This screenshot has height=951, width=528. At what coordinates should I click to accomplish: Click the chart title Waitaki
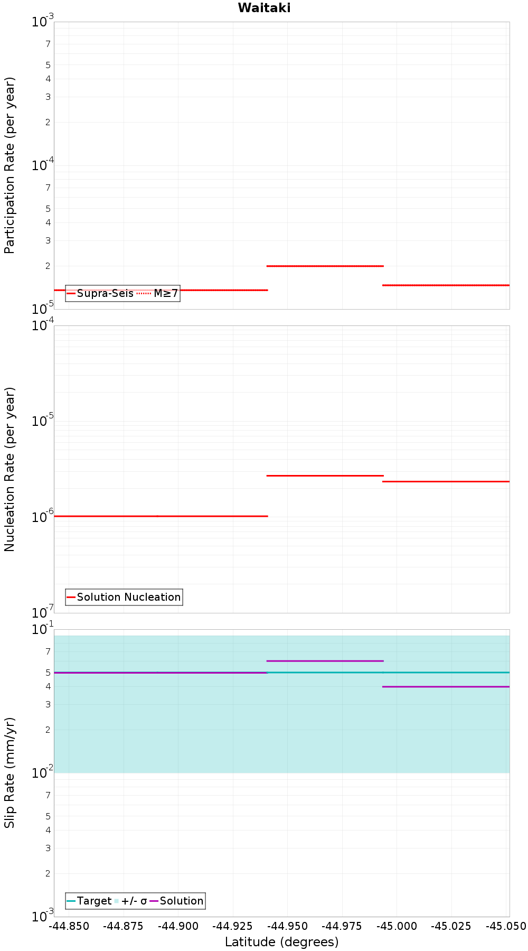pyautogui.click(x=264, y=8)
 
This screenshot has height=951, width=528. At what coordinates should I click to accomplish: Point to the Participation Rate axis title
pyautogui.click(x=10, y=165)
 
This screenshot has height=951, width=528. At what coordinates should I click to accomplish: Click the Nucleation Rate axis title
pyautogui.click(x=10, y=469)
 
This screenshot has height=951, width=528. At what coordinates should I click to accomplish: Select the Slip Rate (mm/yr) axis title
pyautogui.click(x=10, y=772)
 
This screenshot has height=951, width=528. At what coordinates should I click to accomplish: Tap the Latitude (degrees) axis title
pyautogui.click(x=281, y=942)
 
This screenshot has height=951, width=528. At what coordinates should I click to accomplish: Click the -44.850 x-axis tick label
pyautogui.click(x=69, y=926)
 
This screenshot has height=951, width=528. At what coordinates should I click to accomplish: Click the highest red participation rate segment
pyautogui.click(x=325, y=266)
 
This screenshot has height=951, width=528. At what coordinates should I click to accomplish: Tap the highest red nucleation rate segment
pyautogui.click(x=325, y=475)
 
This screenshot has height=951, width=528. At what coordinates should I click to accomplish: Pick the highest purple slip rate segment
pyautogui.click(x=325, y=661)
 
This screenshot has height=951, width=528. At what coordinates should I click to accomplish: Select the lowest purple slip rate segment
pyautogui.click(x=446, y=687)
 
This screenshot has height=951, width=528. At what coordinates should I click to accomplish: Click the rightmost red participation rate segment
pyautogui.click(x=446, y=285)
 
